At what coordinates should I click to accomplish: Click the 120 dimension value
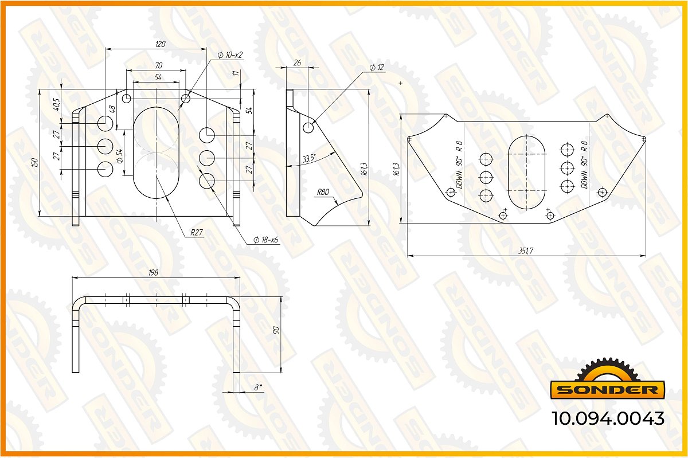(x=161, y=44)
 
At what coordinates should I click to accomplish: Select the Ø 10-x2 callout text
(x=230, y=55)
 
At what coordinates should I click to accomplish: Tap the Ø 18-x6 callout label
(x=265, y=240)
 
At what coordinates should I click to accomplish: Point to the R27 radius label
(x=197, y=233)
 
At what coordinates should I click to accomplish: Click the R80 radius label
(x=323, y=192)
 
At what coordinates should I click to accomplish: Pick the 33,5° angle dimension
(x=309, y=159)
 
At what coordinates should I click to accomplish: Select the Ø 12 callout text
(x=377, y=67)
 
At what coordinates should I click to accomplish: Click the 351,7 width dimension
(x=526, y=250)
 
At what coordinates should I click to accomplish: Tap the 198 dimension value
(x=153, y=273)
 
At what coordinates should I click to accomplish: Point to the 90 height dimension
(x=276, y=330)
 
